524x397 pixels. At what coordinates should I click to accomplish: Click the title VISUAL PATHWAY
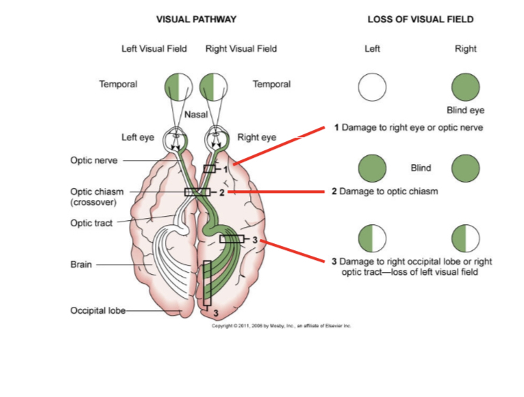pos(196,19)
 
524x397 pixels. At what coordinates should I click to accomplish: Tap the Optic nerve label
pos(94,160)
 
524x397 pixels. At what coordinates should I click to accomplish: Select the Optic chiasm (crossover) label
pos(97,196)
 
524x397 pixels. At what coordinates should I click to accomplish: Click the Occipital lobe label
pos(97,310)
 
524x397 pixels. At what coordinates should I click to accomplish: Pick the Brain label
pos(81,265)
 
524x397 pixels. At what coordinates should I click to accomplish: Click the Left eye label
pos(138,137)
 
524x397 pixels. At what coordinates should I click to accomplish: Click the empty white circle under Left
pos(372,87)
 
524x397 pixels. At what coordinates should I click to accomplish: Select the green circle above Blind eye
pos(465,87)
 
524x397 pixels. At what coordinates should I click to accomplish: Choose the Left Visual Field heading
pos(154,48)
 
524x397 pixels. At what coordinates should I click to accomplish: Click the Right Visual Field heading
pos(241,48)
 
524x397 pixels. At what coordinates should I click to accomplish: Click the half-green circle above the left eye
pos(179,87)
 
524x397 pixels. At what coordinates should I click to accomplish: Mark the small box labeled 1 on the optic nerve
pos(210,168)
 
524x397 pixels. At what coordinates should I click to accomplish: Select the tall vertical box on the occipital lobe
pos(207,284)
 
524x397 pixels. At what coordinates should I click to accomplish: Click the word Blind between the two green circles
pos(421,168)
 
